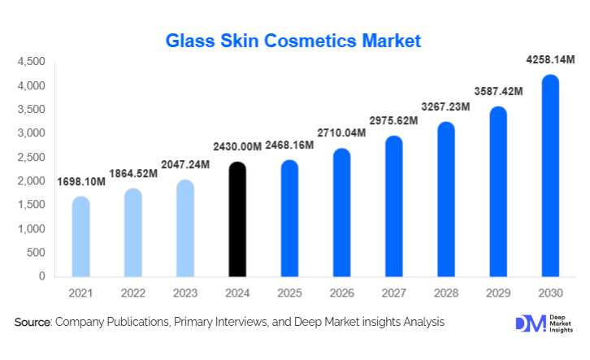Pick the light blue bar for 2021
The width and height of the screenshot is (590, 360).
[80, 236]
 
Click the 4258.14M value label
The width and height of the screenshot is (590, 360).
[549, 59]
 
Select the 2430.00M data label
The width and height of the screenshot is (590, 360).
[236, 146]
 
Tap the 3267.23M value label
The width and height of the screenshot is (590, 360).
[445, 106]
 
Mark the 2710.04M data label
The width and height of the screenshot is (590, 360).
[341, 132]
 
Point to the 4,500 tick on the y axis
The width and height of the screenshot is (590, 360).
[30, 62]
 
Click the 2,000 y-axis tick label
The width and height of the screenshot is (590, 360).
[30, 181]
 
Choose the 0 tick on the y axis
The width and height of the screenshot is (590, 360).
[41, 276]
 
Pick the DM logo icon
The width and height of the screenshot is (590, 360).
[529, 323]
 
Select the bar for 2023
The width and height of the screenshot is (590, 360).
[184, 228]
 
